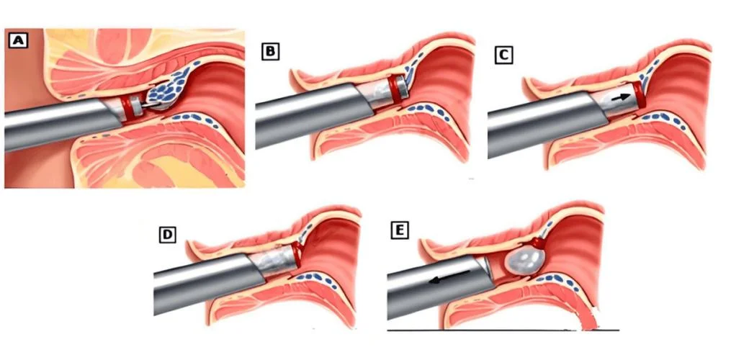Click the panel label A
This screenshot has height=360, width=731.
[18, 40]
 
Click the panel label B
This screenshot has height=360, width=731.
[270, 51]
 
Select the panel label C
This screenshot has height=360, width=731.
[503, 55]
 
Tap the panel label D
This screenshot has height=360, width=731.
[167, 235]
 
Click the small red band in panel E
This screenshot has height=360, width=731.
[541, 243]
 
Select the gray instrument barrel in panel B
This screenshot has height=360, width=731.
[314, 115]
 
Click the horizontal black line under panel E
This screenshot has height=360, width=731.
[503, 330]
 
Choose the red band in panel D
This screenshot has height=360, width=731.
[297, 254]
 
